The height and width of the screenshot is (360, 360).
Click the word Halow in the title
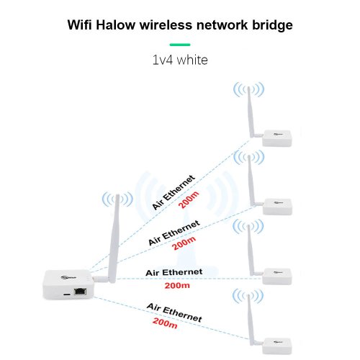tap(115, 25)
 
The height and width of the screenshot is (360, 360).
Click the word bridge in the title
tap(272, 25)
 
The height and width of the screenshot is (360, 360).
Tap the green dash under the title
tap(180, 45)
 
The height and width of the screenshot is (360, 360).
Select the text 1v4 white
tap(180, 60)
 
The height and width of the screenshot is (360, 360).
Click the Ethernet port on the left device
tap(80, 292)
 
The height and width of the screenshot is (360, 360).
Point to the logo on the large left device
tap(68, 278)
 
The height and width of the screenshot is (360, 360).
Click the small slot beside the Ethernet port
tap(67, 294)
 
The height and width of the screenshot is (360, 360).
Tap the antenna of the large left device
tap(114, 239)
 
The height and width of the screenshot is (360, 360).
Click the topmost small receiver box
tap(276, 138)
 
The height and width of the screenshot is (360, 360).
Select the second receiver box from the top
tap(277, 207)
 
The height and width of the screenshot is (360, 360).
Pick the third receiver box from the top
tap(276, 276)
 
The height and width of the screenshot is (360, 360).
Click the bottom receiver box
tap(276, 346)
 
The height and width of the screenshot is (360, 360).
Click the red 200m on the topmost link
tap(189, 199)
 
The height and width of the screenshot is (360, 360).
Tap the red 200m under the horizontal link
tap(177, 286)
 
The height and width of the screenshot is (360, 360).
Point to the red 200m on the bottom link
tap(165, 323)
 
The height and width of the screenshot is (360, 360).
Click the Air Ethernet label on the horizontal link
tap(174, 272)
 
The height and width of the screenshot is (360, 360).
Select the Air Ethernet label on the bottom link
tap(174, 312)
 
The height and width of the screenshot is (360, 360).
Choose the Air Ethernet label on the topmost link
tap(174, 192)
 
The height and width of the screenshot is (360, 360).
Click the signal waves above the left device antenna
tap(117, 199)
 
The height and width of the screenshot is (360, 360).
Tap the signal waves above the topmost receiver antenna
tap(249, 89)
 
